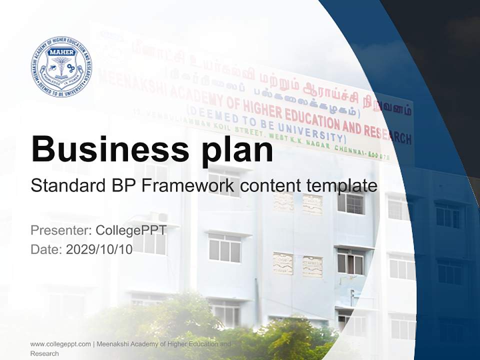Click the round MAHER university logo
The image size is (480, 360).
61,66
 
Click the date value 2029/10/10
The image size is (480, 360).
99,249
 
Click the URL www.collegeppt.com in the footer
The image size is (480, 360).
60,344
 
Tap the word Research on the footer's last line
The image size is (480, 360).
44,353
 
